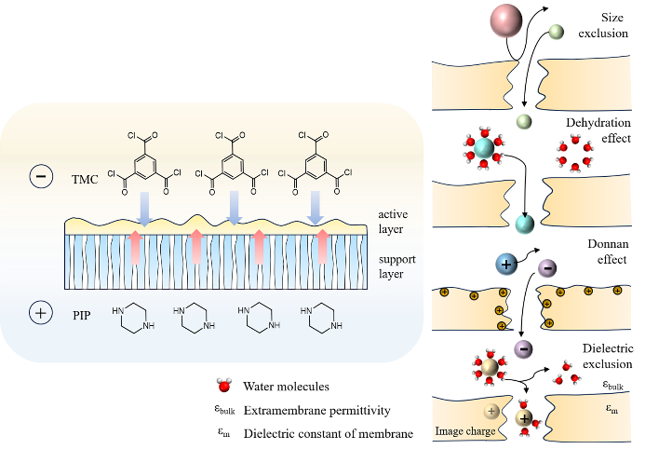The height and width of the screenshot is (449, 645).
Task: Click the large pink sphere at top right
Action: [506, 20]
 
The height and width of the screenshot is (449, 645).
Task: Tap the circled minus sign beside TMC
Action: [42, 175]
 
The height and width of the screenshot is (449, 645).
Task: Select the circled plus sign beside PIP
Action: [42, 314]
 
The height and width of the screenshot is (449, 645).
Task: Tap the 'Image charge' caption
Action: [464, 431]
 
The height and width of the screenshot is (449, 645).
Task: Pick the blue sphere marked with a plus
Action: [507, 265]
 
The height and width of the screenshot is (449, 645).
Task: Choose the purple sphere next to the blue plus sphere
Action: [548, 269]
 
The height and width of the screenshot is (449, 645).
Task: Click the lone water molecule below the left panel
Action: [224, 384]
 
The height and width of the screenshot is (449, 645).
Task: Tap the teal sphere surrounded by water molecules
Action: [484, 147]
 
